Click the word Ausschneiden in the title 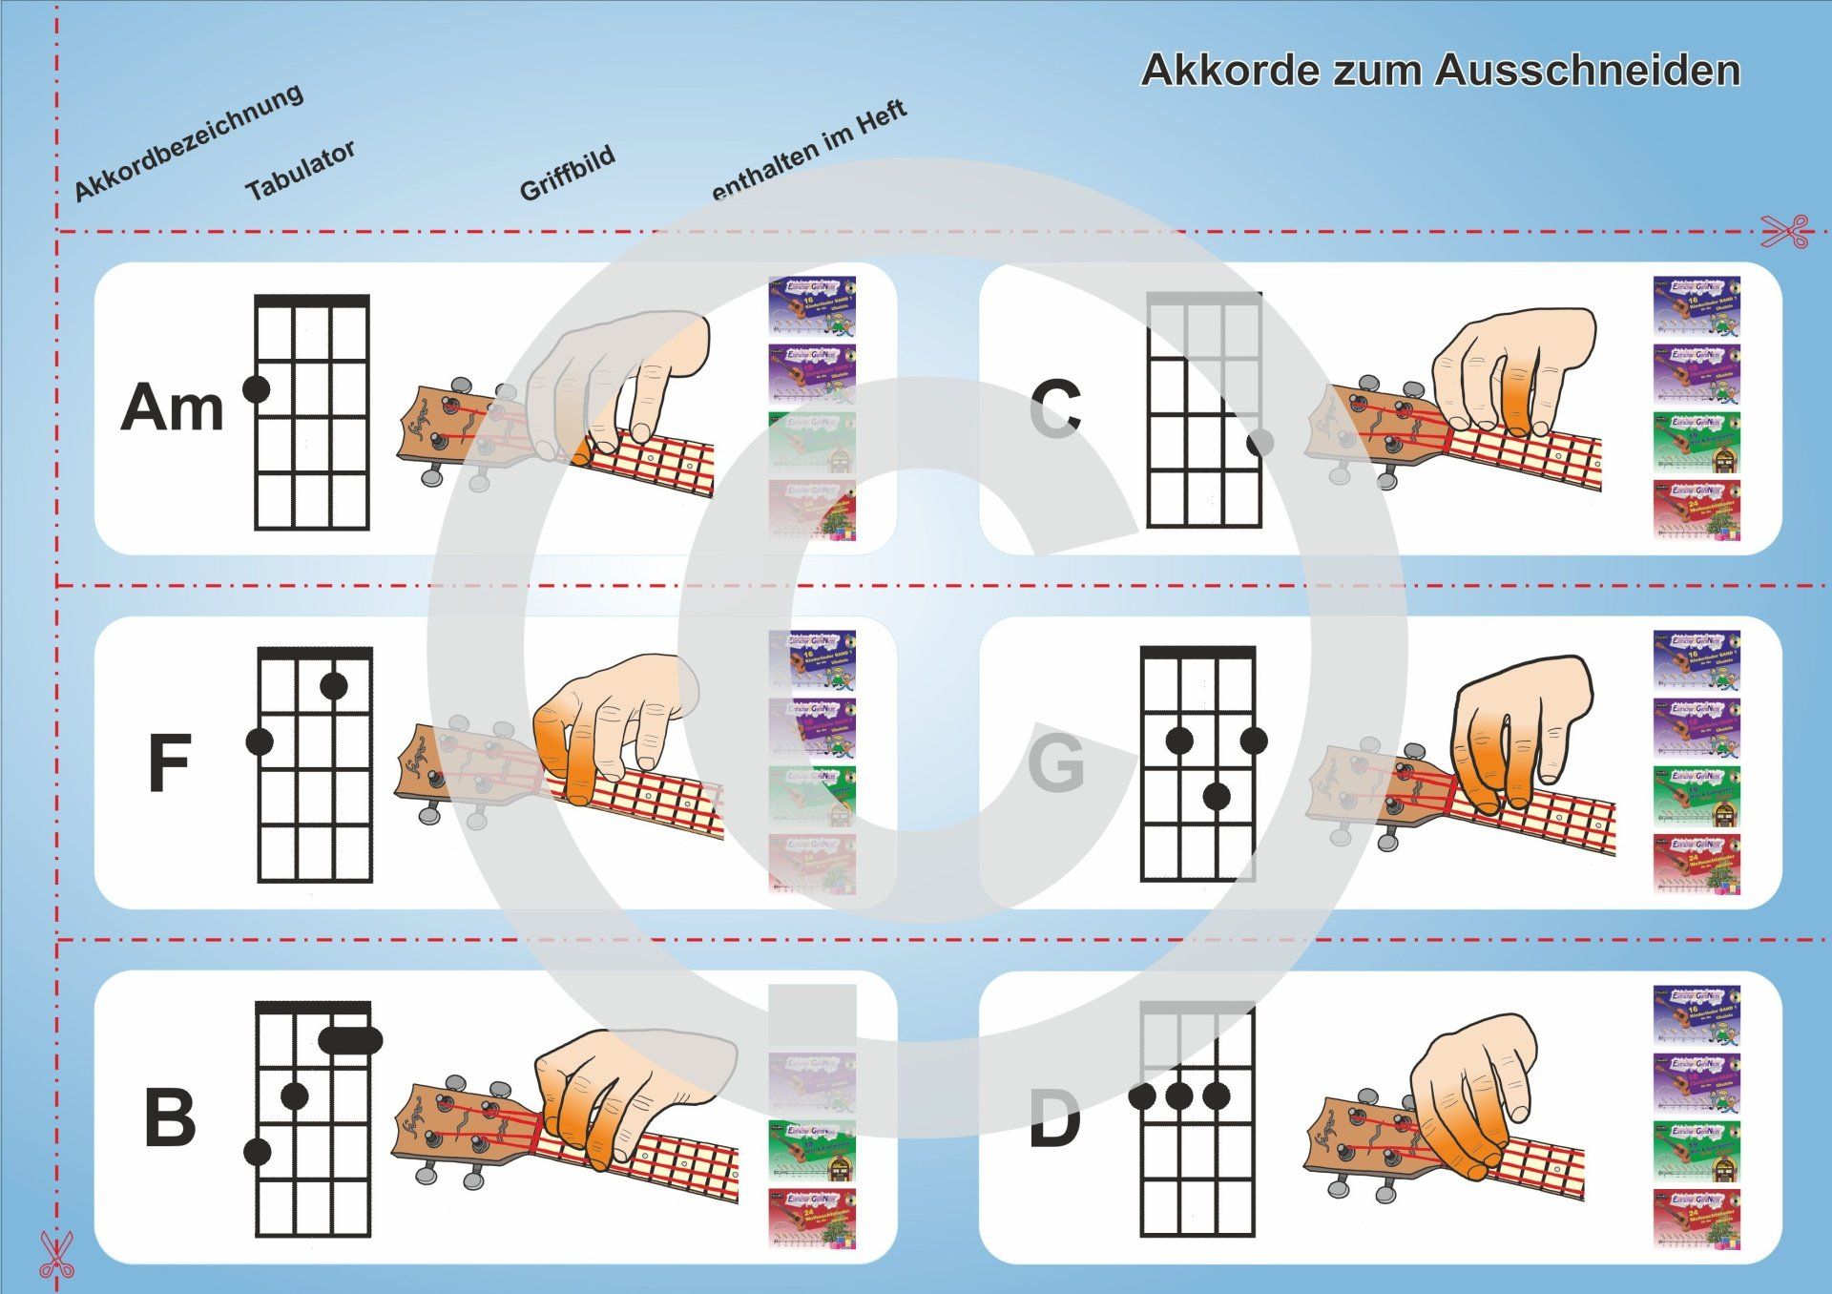pyautogui.click(x=1588, y=71)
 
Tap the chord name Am pyautogui.click(x=172, y=407)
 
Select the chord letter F pyautogui.click(x=170, y=763)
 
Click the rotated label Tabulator pyautogui.click(x=301, y=170)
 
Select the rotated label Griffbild pyautogui.click(x=567, y=174)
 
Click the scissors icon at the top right pyautogui.click(x=1785, y=231)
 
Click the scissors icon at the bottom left pyautogui.click(x=55, y=1255)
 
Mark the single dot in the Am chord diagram pyautogui.click(x=257, y=388)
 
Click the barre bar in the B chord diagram pyautogui.click(x=351, y=1040)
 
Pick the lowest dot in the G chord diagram pyautogui.click(x=1216, y=796)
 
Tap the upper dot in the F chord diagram pyautogui.click(x=333, y=685)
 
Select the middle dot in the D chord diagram pyautogui.click(x=1178, y=1096)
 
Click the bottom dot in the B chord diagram pyautogui.click(x=258, y=1152)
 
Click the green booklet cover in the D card pyautogui.click(x=1696, y=1150)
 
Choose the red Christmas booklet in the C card pyautogui.click(x=1696, y=510)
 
